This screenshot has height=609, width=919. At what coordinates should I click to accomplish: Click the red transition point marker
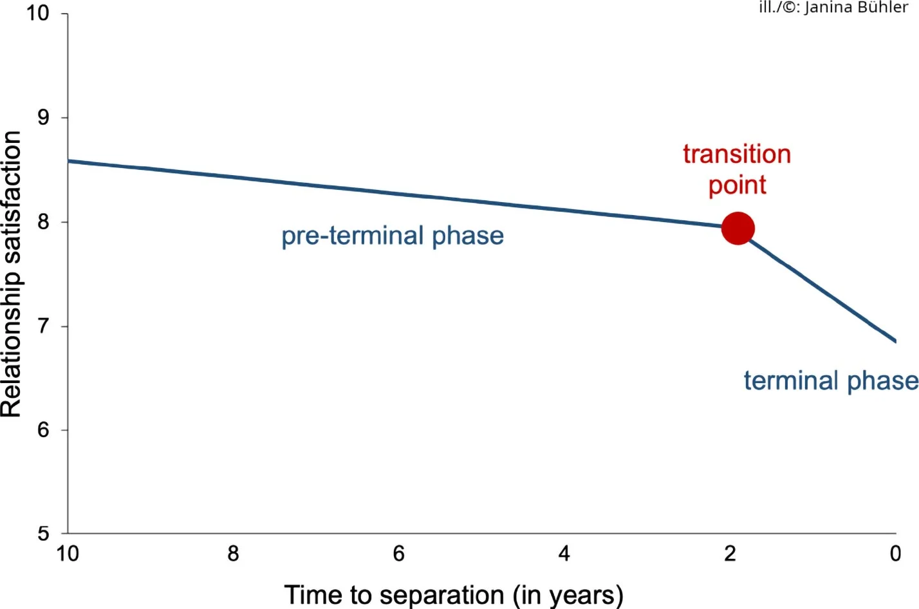click(x=738, y=229)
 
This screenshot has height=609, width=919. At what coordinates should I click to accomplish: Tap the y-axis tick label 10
click(x=38, y=13)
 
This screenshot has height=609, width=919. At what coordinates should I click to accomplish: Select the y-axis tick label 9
click(x=43, y=117)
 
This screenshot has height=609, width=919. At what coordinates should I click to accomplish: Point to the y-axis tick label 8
click(x=43, y=221)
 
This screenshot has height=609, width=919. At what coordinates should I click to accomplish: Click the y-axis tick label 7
click(x=43, y=326)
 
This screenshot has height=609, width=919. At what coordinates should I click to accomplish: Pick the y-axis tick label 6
click(x=43, y=430)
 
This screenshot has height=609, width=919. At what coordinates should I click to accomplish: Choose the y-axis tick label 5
click(x=43, y=534)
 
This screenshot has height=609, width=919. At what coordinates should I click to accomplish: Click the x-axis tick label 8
click(x=233, y=554)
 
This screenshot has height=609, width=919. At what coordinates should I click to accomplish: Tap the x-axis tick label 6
click(x=399, y=554)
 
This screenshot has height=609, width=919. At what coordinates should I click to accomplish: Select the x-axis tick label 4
click(x=564, y=554)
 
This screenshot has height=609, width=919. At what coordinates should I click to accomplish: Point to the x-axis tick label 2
click(x=730, y=554)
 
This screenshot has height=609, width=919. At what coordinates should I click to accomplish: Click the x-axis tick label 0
click(x=896, y=554)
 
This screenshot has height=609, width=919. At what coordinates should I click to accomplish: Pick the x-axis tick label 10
click(x=68, y=554)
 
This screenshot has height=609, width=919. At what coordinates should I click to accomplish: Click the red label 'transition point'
click(x=738, y=170)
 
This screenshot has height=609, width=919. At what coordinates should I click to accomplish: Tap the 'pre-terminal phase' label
click(x=393, y=237)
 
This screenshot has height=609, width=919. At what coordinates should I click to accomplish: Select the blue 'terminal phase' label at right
click(x=831, y=382)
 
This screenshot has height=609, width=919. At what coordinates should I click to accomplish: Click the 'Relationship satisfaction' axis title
click(x=11, y=274)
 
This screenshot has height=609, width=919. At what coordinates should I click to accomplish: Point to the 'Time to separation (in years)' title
click(x=454, y=595)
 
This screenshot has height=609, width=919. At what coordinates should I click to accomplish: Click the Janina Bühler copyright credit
click(x=833, y=7)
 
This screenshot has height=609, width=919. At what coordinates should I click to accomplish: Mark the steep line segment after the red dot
click(x=821, y=289)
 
